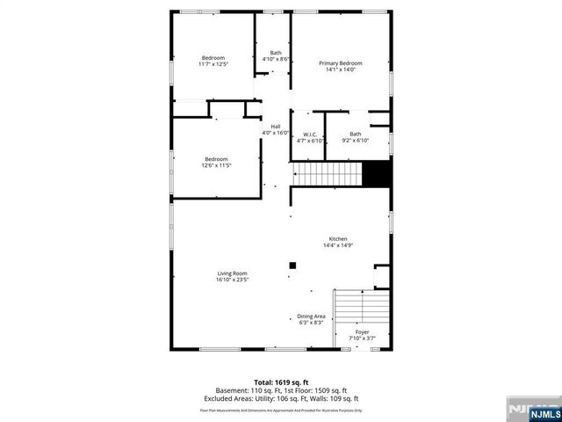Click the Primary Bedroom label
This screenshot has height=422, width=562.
341,63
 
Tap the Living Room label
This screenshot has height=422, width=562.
233,273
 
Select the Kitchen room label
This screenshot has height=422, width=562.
339,239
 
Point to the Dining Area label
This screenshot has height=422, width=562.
311,316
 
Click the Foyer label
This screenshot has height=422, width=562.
362,331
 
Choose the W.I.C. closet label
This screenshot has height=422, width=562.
310,135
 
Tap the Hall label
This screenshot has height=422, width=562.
275,127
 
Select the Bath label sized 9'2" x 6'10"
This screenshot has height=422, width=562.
355,135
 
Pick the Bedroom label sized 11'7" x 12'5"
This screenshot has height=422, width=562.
213,58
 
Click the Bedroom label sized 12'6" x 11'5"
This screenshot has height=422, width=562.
217,159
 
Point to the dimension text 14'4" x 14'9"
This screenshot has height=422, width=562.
339,245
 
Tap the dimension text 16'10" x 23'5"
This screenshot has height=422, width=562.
233,280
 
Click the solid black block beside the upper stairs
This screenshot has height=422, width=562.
377,173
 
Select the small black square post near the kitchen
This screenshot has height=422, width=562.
293,266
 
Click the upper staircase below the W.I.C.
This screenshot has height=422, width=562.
326,173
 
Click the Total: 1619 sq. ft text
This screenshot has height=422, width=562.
281,381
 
